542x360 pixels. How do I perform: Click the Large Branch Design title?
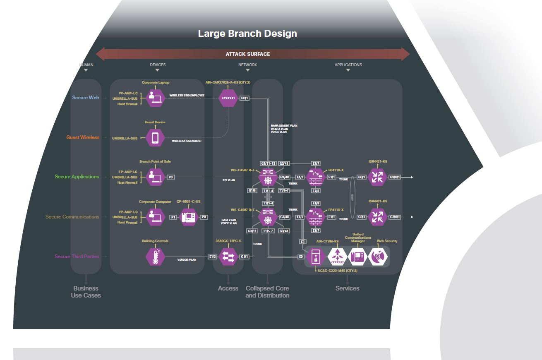(x=247, y=34)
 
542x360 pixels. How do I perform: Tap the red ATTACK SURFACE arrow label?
(x=247, y=54)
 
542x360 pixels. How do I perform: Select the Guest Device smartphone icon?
(x=155, y=138)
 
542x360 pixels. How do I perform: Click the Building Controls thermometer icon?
(x=155, y=257)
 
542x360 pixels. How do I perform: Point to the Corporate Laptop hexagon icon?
(x=155, y=98)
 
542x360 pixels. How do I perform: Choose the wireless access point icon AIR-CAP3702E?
(x=228, y=98)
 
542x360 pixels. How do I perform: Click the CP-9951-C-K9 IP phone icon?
(x=191, y=217)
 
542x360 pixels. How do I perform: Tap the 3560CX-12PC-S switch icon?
(x=228, y=257)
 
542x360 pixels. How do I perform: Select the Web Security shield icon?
(x=378, y=257)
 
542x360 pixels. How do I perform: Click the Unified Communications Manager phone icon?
(x=358, y=257)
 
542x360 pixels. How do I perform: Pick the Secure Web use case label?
(x=86, y=98)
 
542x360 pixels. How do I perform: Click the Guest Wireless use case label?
(x=83, y=137)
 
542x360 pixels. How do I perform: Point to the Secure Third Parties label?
(x=77, y=257)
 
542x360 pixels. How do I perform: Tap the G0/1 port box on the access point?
(x=245, y=98)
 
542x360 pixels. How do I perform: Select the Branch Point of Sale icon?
(x=155, y=177)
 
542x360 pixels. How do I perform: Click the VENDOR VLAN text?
(x=187, y=259)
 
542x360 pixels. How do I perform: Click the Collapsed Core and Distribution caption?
(x=267, y=292)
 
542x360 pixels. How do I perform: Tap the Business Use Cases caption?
(x=86, y=292)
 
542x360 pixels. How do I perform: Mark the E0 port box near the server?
(x=302, y=257)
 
